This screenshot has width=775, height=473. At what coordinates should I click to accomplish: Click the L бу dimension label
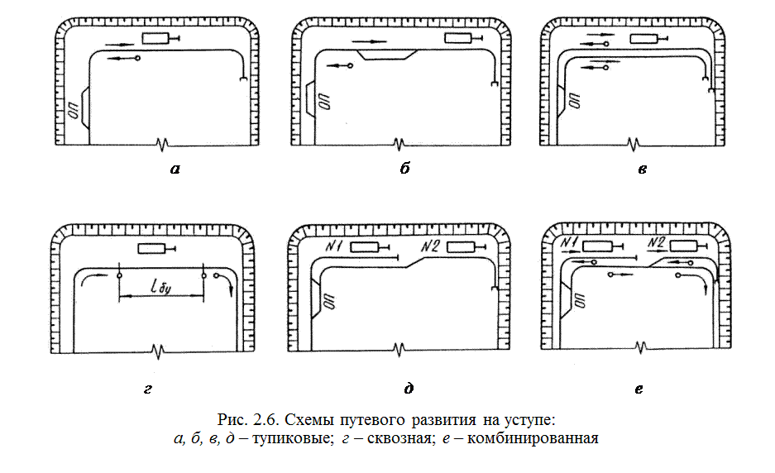pos(161,289)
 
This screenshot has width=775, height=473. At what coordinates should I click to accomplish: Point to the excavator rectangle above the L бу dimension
pos(151,249)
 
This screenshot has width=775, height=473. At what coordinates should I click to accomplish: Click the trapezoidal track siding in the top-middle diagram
pos(387,55)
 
